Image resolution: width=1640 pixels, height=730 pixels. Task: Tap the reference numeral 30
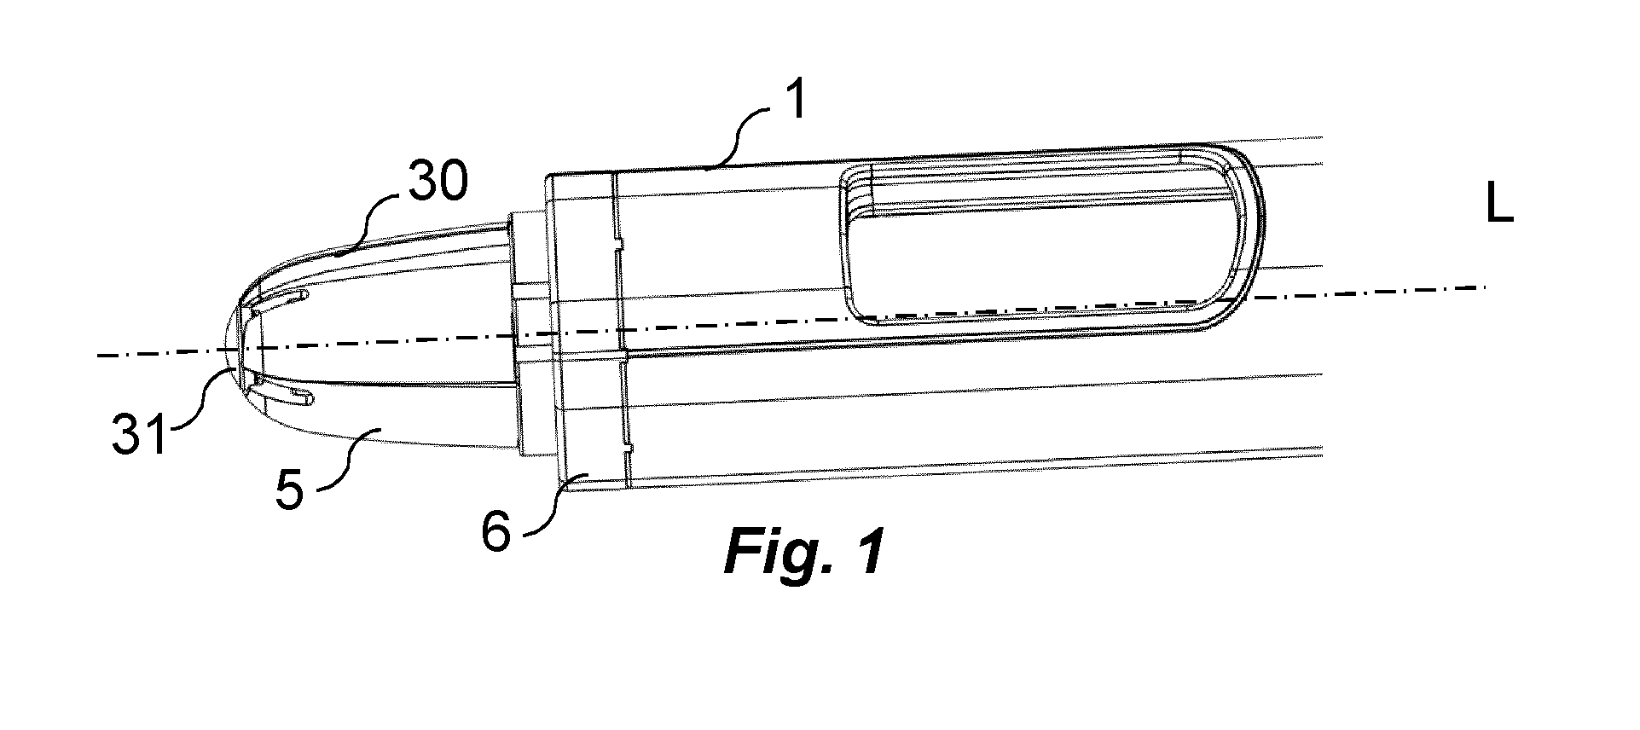click(437, 182)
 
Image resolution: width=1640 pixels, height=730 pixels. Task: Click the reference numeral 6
click(496, 533)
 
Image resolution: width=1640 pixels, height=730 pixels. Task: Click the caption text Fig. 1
click(803, 553)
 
